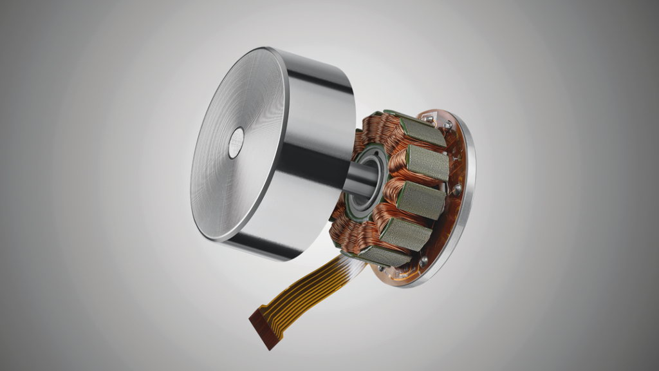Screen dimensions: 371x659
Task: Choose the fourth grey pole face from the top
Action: point(405,233)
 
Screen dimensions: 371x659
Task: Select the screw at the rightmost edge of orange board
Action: point(457,189)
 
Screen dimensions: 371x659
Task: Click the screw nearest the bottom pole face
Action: point(423,260)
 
